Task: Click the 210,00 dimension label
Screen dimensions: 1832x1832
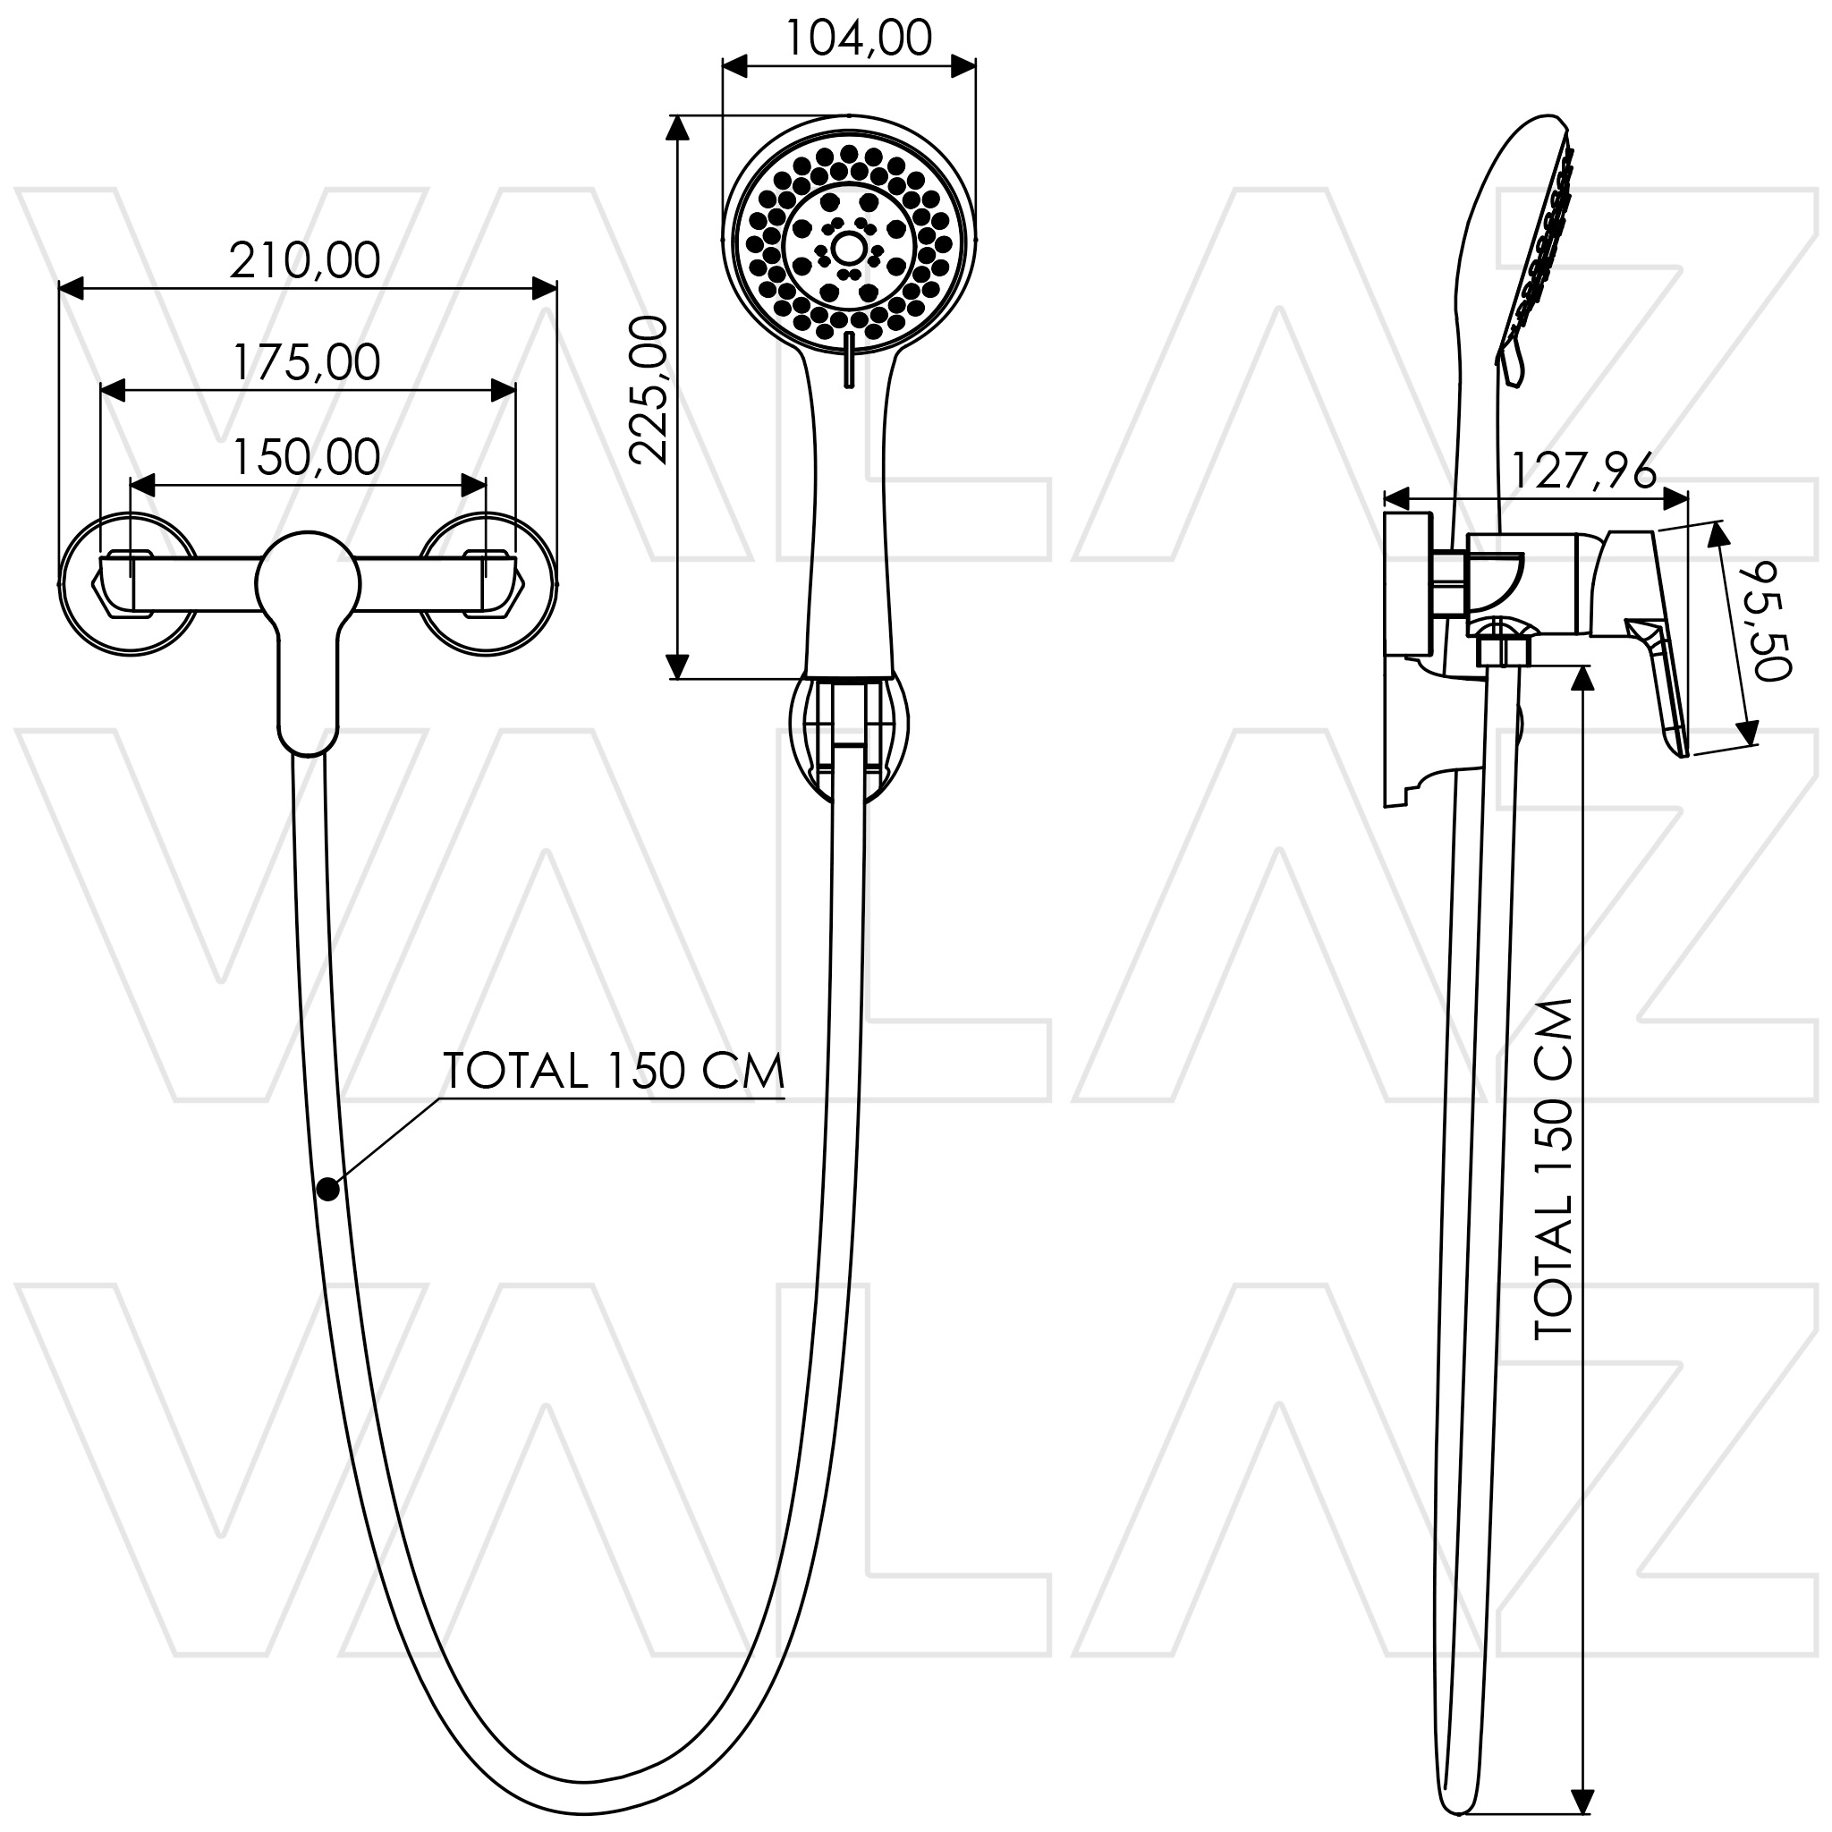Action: pos(304,261)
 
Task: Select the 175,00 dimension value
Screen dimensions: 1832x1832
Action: pos(306,362)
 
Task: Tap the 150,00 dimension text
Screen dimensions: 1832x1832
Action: pos(306,457)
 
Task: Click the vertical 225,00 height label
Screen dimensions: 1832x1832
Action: pos(650,390)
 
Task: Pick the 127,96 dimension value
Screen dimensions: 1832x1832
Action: pos(1582,471)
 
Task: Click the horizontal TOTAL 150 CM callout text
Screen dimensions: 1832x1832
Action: pos(615,1072)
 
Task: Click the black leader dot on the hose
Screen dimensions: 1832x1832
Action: pos(328,1189)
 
